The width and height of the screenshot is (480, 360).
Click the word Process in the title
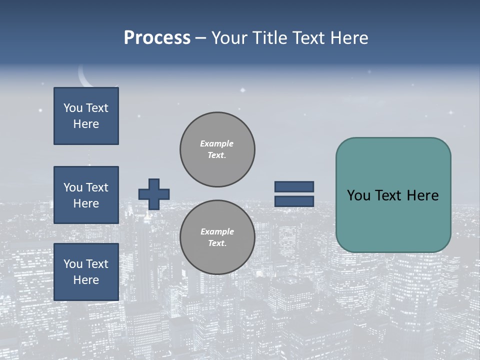tap(157, 38)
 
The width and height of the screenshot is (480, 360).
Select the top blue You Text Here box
tap(86, 116)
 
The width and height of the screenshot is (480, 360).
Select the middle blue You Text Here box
tap(86, 195)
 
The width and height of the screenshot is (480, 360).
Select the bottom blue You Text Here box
tap(86, 272)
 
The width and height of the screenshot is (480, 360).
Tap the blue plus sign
tap(154, 194)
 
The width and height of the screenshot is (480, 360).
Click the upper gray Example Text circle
tap(217, 149)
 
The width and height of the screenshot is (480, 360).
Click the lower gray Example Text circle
tap(217, 237)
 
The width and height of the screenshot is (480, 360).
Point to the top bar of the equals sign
tap(294, 187)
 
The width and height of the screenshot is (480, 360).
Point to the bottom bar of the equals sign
tap(294, 201)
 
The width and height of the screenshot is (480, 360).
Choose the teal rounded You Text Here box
tap(393, 195)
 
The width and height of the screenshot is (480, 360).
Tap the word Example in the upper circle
tap(217, 143)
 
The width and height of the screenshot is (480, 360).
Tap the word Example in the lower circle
tap(217, 231)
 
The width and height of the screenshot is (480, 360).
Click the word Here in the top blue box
tap(86, 124)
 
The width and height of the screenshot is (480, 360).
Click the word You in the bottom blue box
tap(72, 264)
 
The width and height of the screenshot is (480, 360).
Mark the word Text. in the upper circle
tap(217, 155)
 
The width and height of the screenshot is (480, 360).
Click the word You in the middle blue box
tap(72, 187)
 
